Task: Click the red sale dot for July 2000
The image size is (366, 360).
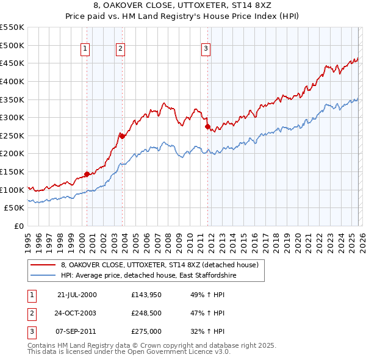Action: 87,174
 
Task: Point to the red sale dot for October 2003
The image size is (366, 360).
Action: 122,136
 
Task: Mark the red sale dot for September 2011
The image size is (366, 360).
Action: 207,127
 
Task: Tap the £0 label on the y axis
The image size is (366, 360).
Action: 19,226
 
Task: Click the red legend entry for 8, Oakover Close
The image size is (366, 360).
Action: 160,265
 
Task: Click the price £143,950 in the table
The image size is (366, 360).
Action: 145,295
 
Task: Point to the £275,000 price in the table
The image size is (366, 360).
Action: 145,331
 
